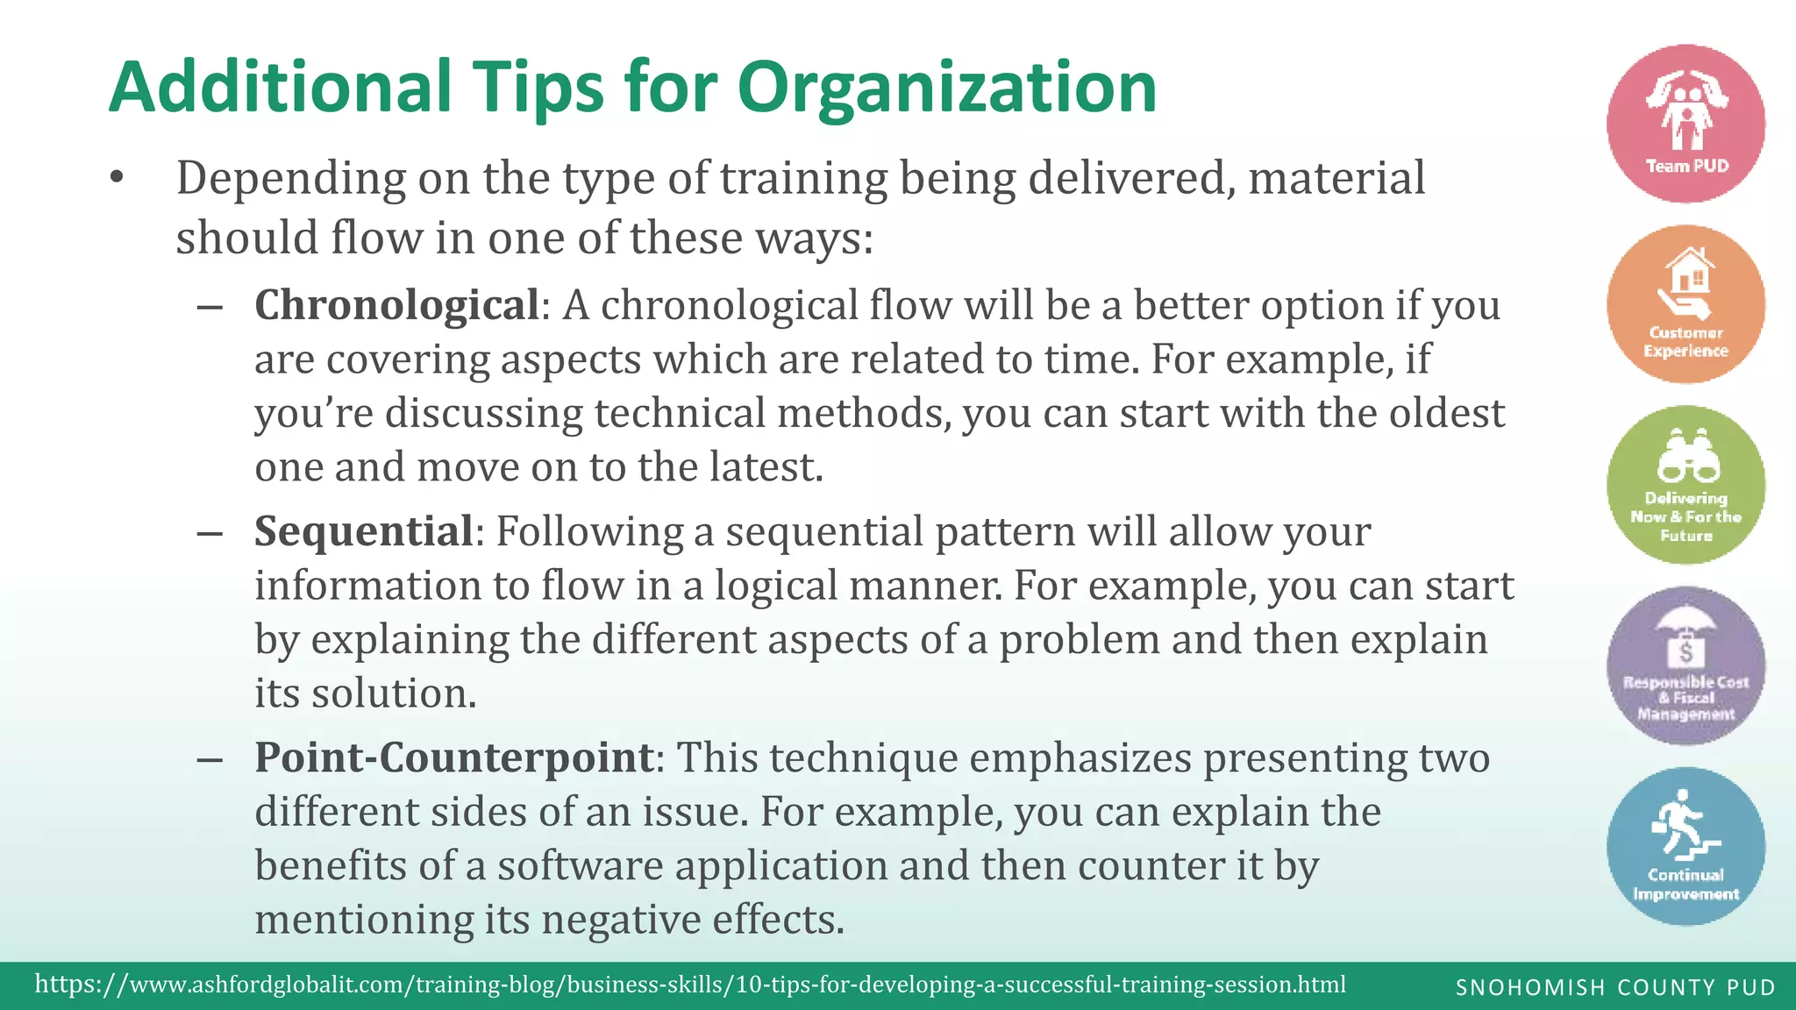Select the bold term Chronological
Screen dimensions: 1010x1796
point(396,306)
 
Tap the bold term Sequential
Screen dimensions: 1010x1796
point(364,532)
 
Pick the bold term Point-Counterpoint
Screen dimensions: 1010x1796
point(454,758)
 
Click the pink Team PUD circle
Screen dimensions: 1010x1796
point(1686,124)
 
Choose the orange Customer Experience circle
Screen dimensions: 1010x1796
point(1686,304)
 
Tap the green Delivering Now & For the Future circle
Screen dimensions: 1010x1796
point(1686,485)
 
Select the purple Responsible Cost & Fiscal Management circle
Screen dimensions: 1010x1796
point(1686,665)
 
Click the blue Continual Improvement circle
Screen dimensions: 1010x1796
point(1686,846)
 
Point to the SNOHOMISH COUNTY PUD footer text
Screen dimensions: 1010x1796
point(1615,988)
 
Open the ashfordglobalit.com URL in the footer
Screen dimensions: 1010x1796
point(690,985)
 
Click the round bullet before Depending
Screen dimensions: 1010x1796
point(117,179)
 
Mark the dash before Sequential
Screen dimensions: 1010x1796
point(210,534)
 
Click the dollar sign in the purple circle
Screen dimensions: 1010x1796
point(1686,652)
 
